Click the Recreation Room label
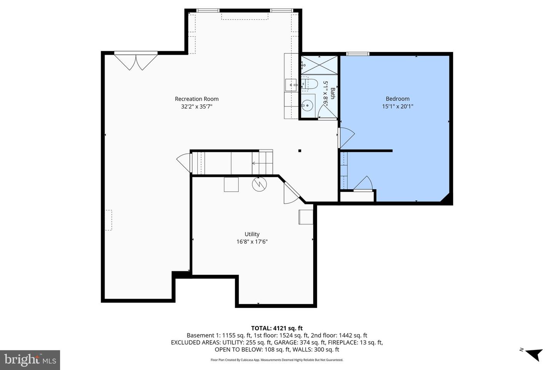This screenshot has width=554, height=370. (x=197, y=99)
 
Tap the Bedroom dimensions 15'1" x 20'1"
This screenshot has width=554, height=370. (x=397, y=106)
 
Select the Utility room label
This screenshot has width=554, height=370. (x=252, y=234)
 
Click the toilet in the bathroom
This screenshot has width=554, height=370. (x=309, y=83)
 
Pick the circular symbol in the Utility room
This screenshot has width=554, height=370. (x=259, y=184)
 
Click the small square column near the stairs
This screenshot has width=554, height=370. (x=300, y=151)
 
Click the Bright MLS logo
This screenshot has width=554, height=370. (x=30, y=360)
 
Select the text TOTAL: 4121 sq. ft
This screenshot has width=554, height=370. (x=274, y=328)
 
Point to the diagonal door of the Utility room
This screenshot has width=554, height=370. (x=291, y=192)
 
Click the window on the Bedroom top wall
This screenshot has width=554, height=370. (x=358, y=54)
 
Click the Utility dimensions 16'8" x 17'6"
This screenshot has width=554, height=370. (x=252, y=242)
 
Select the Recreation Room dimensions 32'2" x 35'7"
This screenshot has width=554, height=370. (x=197, y=107)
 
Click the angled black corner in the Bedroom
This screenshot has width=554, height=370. (x=446, y=198)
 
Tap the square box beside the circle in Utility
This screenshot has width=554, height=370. (x=231, y=184)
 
